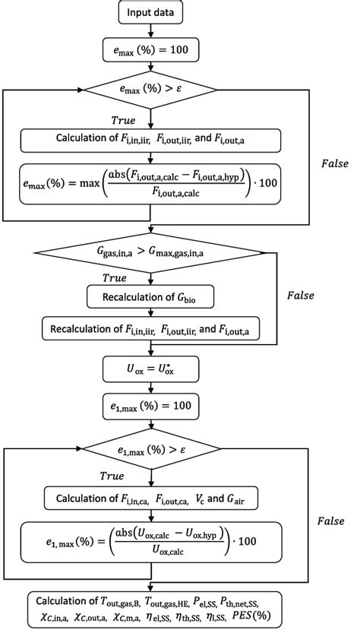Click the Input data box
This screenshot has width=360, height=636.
151,13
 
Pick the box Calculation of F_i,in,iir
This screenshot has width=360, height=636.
151,140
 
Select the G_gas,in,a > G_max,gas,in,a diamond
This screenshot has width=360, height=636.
151,252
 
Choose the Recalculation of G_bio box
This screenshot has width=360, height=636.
151,298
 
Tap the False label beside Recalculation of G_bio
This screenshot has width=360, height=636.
310,295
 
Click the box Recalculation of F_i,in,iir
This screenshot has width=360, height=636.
151,331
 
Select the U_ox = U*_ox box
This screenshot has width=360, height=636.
151,369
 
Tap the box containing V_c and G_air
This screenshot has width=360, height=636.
151,500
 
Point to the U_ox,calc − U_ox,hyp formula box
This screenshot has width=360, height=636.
151,543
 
